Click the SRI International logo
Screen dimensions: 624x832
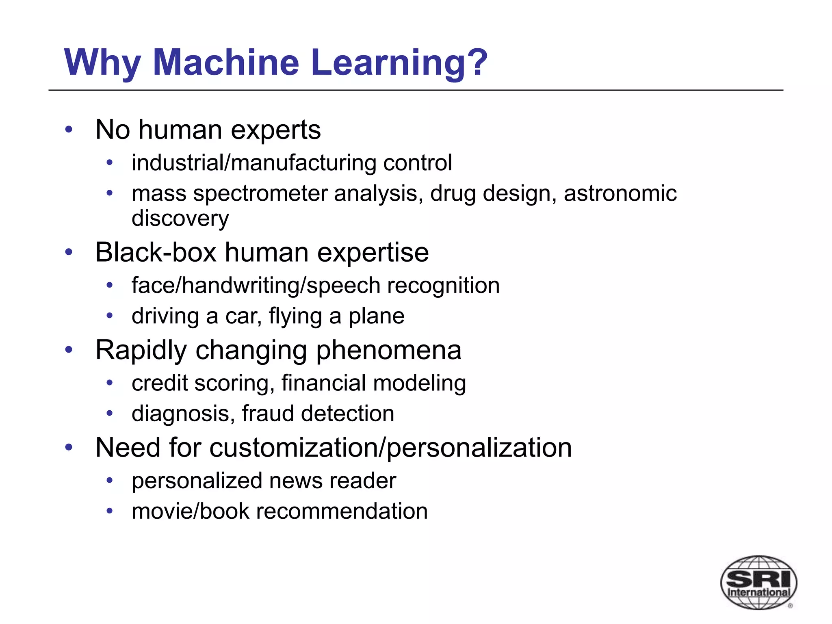758,583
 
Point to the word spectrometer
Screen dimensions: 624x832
260,193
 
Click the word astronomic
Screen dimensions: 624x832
620,193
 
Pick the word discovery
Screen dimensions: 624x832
180,219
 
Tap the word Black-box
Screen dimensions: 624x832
156,252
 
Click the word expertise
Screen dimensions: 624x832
373,252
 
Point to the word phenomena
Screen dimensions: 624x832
389,350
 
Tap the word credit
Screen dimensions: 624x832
160,383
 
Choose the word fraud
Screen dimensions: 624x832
268,414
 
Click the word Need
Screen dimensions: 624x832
128,448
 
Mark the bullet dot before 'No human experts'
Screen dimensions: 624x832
69,130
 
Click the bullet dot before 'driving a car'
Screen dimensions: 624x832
109,316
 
